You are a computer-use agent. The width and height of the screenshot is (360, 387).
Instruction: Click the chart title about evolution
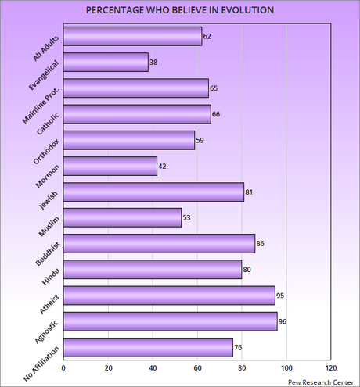click(x=180, y=12)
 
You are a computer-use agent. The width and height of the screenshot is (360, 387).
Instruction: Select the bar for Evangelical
click(x=105, y=62)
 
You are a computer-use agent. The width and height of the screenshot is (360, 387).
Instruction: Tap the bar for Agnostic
click(x=170, y=321)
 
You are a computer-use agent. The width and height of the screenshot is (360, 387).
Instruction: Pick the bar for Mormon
click(x=110, y=166)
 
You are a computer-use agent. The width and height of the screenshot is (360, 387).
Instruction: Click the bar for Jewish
click(x=153, y=192)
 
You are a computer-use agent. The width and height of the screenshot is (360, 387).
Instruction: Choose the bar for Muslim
click(x=122, y=217)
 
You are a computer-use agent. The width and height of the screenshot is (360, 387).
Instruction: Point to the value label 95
click(x=282, y=296)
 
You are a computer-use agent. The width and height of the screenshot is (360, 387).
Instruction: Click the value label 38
click(x=154, y=62)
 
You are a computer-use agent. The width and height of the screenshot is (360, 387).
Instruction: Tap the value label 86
click(x=261, y=244)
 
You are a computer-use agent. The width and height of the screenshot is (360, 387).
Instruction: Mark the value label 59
click(x=201, y=140)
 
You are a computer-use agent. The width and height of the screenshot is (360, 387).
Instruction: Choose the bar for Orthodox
click(x=128, y=140)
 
